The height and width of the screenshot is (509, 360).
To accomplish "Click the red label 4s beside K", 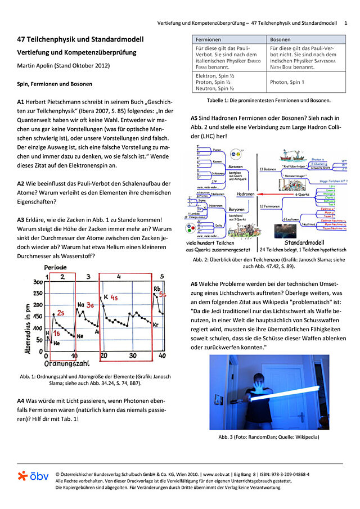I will pos(114,297).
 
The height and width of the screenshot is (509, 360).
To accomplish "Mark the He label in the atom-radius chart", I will pos(56,342).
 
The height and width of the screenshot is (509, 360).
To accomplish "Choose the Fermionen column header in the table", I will pos(209,40).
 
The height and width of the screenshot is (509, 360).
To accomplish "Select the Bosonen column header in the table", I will pos(281,40).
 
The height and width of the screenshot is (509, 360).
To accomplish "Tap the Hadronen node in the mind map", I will pos(245,193).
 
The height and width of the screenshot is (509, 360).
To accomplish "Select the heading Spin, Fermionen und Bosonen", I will pos(53,84).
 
